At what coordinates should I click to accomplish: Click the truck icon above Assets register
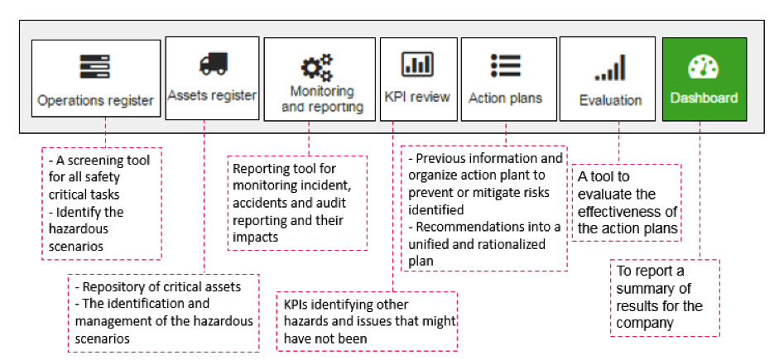pos(213,64)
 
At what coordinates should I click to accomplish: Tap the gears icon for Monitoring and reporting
pos(317,68)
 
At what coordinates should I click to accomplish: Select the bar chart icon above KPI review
pos(417,64)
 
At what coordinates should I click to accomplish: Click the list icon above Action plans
pos(505,65)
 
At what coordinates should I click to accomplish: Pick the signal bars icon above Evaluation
pos(610,68)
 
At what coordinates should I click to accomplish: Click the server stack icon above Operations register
pos(95,66)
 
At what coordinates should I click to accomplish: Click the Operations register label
pos(95,101)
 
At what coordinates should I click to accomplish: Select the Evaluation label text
pos(611,100)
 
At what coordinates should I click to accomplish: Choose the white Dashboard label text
pos(704,98)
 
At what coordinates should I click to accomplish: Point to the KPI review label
pos(417,96)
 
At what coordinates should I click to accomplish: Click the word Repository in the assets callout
pos(111,287)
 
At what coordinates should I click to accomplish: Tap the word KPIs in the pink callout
pos(296,305)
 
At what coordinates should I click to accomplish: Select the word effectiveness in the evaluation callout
pos(628,212)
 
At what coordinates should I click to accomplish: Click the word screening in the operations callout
pos(96,161)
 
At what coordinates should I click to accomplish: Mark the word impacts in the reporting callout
pos(255,238)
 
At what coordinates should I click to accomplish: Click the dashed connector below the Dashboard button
pos(700,190)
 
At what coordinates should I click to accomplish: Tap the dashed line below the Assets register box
pos(204,197)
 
